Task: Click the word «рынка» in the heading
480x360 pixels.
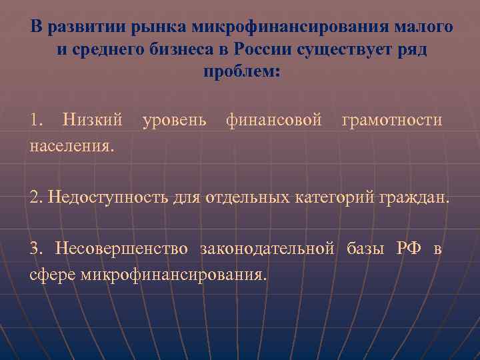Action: tap(161, 27)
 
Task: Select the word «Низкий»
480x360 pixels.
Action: tap(92, 120)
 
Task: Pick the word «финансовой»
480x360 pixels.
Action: tap(275, 120)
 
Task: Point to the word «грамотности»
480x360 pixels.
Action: tap(391, 121)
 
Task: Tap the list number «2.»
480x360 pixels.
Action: tap(37, 197)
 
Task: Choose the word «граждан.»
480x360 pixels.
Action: tap(419, 199)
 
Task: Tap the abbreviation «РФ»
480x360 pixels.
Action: tap(409, 249)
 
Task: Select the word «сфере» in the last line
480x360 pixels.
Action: tap(53, 273)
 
